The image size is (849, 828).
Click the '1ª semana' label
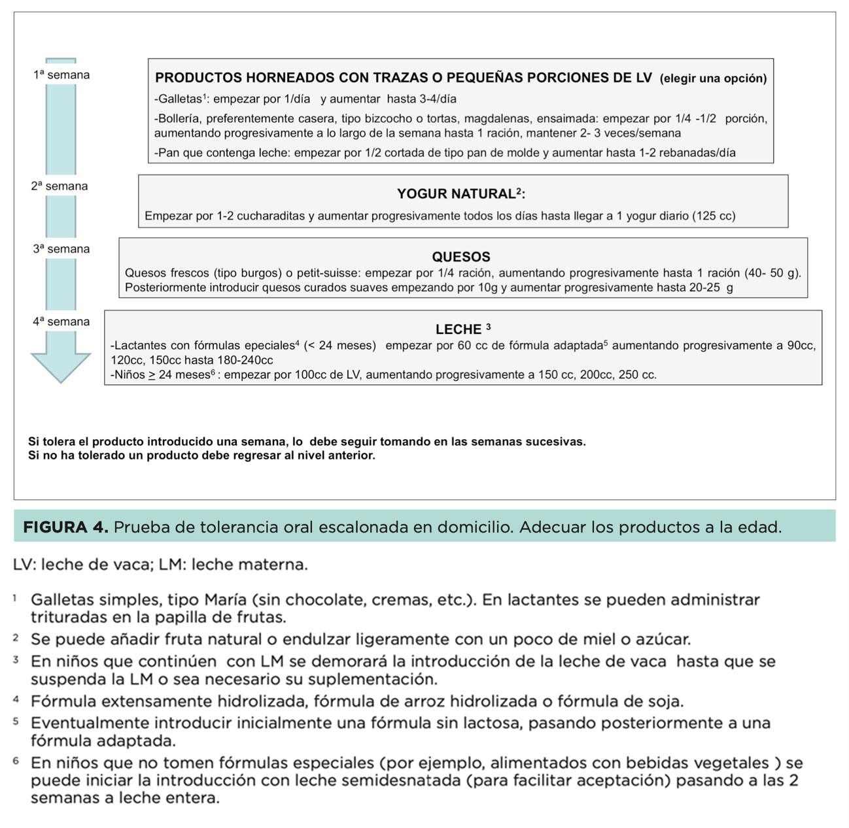[61, 75]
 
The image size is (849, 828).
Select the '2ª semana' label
[59, 186]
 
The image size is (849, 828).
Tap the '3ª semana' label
[61, 249]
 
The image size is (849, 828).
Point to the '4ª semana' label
[61, 322]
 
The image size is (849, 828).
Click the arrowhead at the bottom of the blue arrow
[61, 367]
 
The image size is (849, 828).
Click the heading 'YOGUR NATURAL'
[456, 194]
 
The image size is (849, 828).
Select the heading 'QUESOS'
[461, 257]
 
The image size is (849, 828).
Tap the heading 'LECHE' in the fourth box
[459, 329]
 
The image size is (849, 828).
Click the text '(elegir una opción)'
[713, 78]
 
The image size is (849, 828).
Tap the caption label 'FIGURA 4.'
[65, 527]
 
